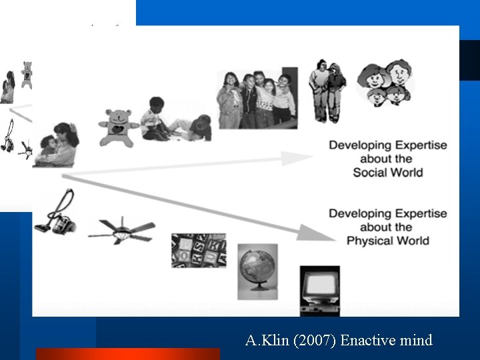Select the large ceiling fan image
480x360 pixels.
pyautogui.click(x=121, y=231)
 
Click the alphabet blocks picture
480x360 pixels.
pyautogui.click(x=198, y=250)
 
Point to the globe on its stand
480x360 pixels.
pyautogui.click(x=257, y=270)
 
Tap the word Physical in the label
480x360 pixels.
pyautogui.click(x=375, y=241)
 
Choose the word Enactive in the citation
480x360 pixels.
pyautogui.click(x=367, y=341)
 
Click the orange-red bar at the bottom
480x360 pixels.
pyautogui.click(x=127, y=354)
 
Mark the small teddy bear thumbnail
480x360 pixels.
pyautogui.click(x=26, y=74)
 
